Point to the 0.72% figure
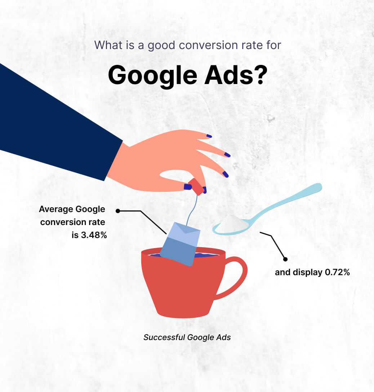pyautogui.click(x=337, y=272)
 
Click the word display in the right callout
pyautogui.click(x=308, y=272)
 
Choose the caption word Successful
pyautogui.click(x=164, y=338)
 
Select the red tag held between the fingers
pyautogui.click(x=196, y=186)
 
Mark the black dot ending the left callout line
pyautogui.click(x=117, y=211)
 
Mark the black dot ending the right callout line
pyautogui.click(x=285, y=259)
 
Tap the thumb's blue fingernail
pyautogui.click(x=188, y=187)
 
